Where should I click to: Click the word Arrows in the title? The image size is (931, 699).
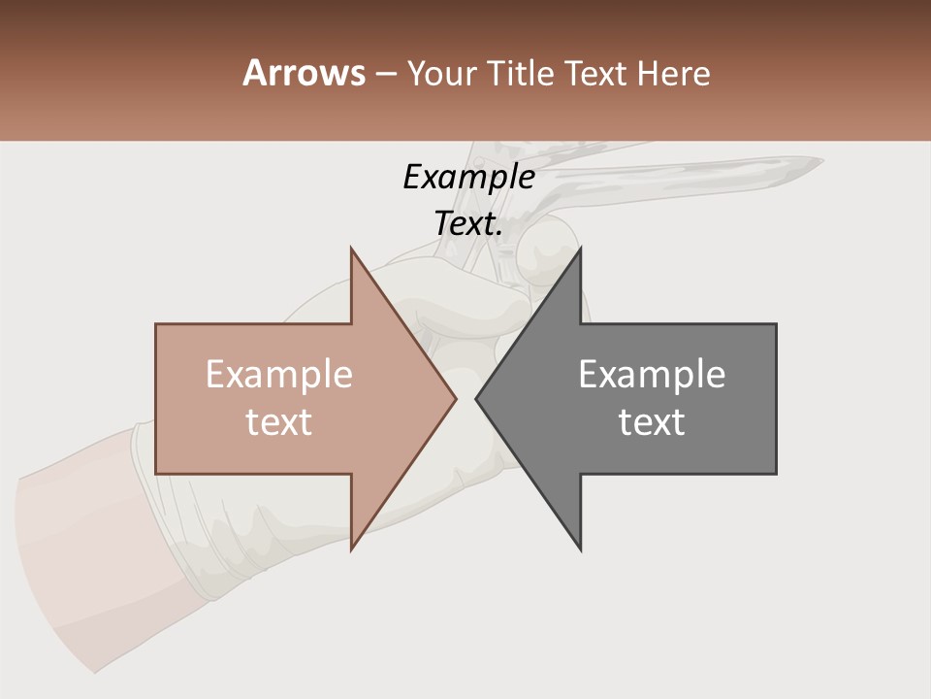tap(304, 73)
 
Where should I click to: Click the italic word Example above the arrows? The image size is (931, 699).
tap(468, 177)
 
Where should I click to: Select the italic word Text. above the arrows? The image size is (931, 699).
tap(468, 223)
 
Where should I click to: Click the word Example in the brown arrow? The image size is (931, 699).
tap(278, 374)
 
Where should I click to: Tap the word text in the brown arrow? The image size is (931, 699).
tap(278, 422)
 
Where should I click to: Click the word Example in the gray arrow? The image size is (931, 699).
tap(652, 374)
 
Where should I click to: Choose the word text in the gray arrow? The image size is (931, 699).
tap(652, 422)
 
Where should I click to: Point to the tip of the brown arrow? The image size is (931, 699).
tap(455, 398)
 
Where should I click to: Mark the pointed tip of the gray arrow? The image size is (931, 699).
tap(476, 398)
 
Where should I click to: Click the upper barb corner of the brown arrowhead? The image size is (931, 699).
tap(351, 248)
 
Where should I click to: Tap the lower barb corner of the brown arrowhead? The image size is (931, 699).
tap(351, 549)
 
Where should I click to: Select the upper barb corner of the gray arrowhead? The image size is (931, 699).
tap(581, 248)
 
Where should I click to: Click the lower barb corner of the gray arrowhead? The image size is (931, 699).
tap(581, 549)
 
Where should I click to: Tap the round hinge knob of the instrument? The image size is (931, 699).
tap(548, 248)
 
